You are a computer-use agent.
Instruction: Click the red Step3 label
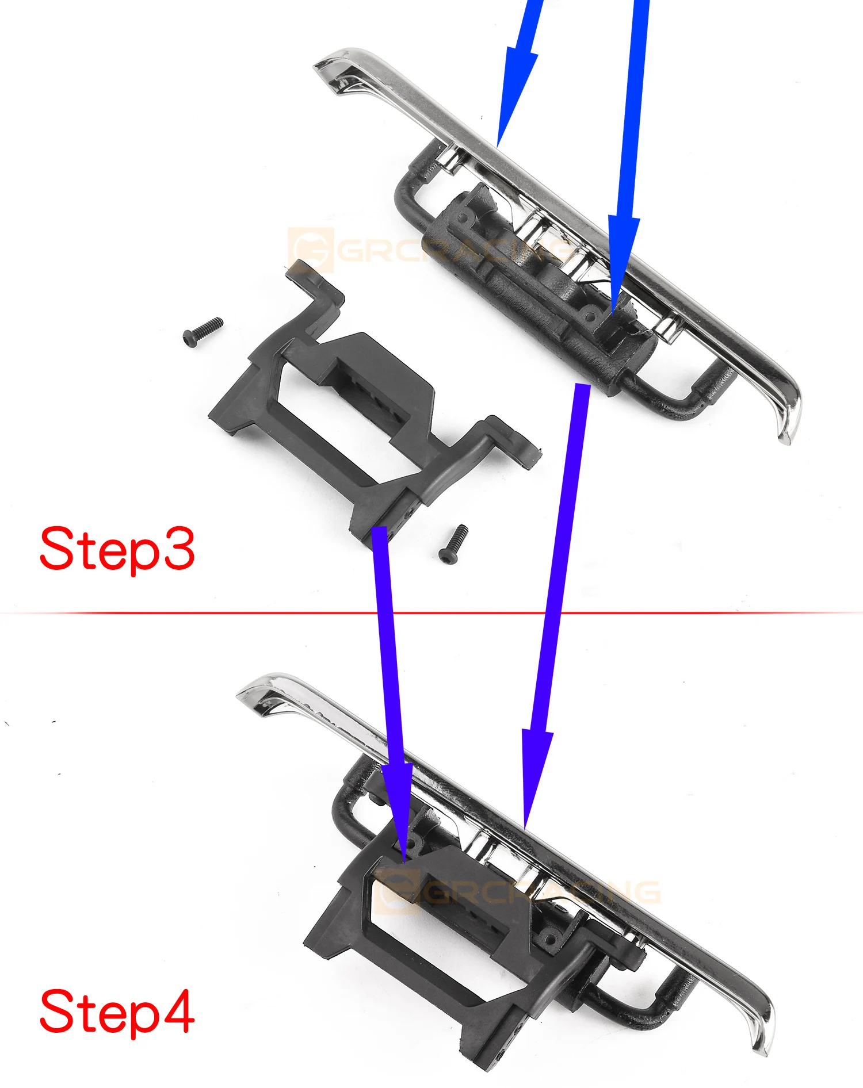[117, 549]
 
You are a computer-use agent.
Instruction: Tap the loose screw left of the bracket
[203, 332]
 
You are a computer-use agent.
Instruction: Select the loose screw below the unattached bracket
[453, 544]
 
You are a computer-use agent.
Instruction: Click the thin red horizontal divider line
[431, 613]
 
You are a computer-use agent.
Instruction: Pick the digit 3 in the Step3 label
[177, 549]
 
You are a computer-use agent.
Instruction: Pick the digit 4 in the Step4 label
[176, 1011]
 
